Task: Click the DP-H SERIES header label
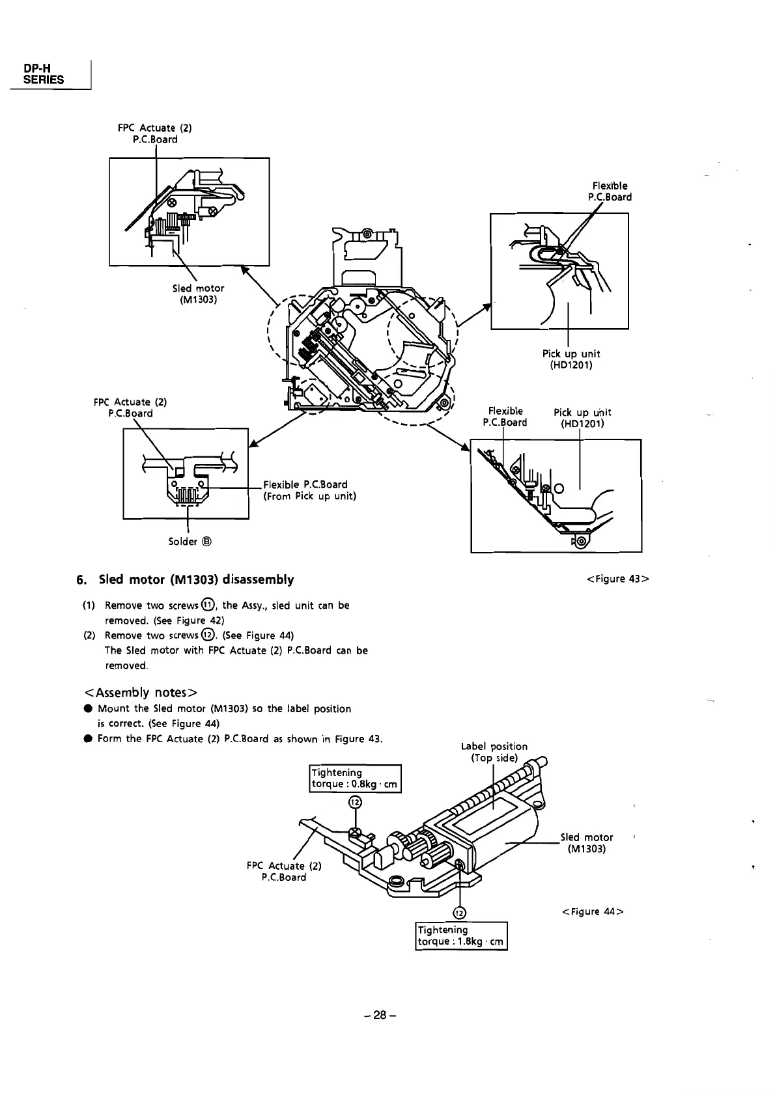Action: [x=43, y=74]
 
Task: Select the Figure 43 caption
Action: [x=617, y=579]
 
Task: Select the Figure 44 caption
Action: [x=592, y=911]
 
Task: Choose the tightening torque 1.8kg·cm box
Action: [x=460, y=936]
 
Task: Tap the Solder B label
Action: [x=190, y=542]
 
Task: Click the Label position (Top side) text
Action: [x=494, y=752]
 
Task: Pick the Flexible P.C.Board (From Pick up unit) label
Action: [x=309, y=490]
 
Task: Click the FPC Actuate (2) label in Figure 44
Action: [x=284, y=871]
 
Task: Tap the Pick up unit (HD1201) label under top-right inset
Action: [x=571, y=359]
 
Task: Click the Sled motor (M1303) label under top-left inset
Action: [x=198, y=294]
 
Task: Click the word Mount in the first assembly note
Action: [x=115, y=708]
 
